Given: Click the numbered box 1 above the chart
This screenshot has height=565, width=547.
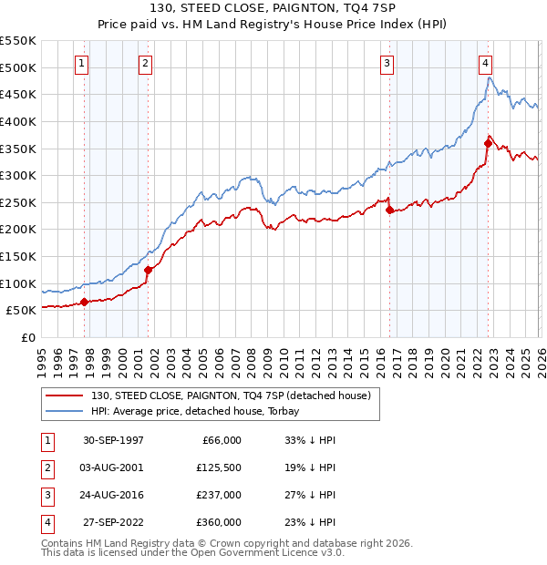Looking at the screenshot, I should pyautogui.click(x=82, y=63).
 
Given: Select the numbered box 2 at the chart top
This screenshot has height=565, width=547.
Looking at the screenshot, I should pyautogui.click(x=145, y=63).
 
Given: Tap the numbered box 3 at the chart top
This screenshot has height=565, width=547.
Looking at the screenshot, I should pyautogui.click(x=387, y=63).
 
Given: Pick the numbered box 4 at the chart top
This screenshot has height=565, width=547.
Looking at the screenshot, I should pyautogui.click(x=486, y=63).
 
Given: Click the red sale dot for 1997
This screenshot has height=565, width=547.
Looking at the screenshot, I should pyautogui.click(x=85, y=302).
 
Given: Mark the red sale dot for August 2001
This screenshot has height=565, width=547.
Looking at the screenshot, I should pyautogui.click(x=148, y=269).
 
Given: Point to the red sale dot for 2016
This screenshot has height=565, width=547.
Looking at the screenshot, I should pyautogui.click(x=390, y=210).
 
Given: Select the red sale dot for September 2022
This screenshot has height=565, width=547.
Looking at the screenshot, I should pyautogui.click(x=489, y=143).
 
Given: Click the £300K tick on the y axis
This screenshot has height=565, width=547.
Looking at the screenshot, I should pyautogui.click(x=18, y=175).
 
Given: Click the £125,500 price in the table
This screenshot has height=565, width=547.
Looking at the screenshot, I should pyautogui.click(x=218, y=467).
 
